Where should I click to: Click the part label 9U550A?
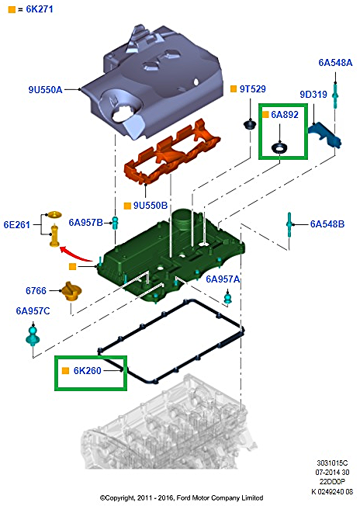coord(45,90)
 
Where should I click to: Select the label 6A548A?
coord(335,63)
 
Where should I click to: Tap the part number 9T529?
coord(252,89)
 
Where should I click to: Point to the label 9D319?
coord(313,94)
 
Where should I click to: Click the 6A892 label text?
coord(285,115)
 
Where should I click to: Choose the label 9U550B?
coord(151,205)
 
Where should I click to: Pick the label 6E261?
coord(17,224)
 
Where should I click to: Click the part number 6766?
coord(36,291)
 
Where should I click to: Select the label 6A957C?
coord(33,311)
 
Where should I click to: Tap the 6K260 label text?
coord(87,371)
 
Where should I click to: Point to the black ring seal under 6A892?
coord(279,149)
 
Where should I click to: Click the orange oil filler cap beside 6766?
coord(71,291)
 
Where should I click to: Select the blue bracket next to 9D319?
coord(325,135)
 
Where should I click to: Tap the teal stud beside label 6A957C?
coord(33,335)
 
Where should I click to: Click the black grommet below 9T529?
coord(250,124)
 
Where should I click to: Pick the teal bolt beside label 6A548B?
coord(289,224)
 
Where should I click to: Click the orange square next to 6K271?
coord(12,9)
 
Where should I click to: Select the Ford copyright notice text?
coord(182,498)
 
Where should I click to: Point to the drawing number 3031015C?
coord(332,463)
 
